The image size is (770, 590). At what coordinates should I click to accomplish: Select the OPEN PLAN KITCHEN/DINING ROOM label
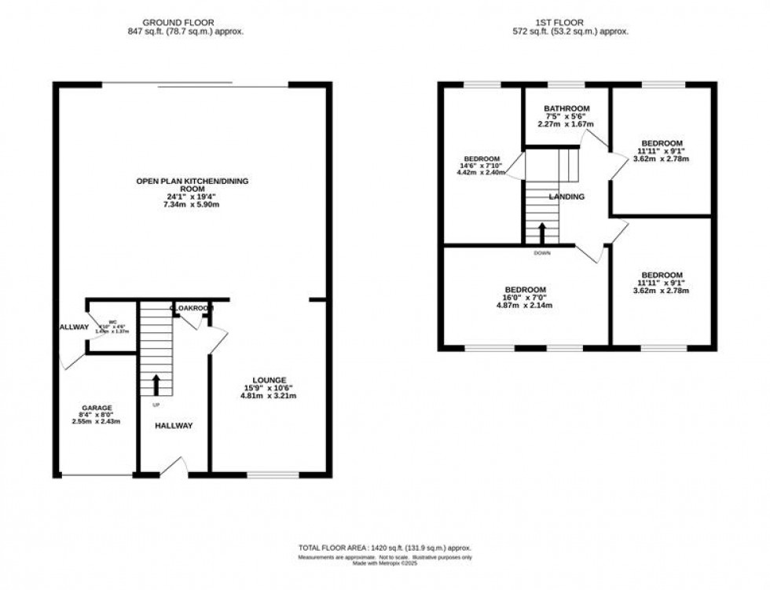pyautogui.click(x=192, y=185)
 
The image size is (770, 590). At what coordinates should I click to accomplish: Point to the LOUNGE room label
pyautogui.click(x=269, y=380)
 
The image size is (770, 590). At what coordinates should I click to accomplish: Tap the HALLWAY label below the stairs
pyautogui.click(x=173, y=426)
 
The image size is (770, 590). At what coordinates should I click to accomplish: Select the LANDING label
pyautogui.click(x=566, y=197)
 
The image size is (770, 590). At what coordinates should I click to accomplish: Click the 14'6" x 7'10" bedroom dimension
pyautogui.click(x=483, y=166)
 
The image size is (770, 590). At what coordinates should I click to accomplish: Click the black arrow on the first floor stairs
pyautogui.click(x=542, y=233)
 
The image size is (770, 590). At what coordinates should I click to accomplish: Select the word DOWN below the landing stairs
pyautogui.click(x=542, y=253)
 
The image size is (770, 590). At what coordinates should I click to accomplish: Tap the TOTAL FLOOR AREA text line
pyautogui.click(x=384, y=548)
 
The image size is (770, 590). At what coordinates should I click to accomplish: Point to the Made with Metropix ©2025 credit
pyautogui.click(x=384, y=563)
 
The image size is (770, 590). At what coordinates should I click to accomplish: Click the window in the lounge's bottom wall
pyautogui.click(x=273, y=475)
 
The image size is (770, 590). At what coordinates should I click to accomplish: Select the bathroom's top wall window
pyautogui.click(x=566, y=83)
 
